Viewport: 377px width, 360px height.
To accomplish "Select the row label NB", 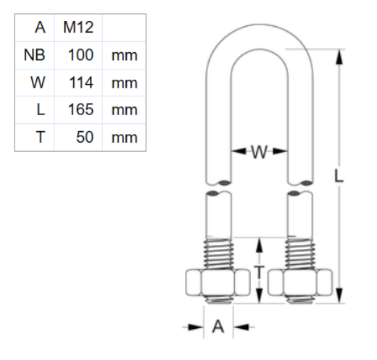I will pos(34,55).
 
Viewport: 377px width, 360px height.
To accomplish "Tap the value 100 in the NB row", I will pos(80,55).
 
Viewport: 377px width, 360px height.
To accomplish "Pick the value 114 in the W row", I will pos(80,83).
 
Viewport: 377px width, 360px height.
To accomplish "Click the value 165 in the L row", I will pos(80,110).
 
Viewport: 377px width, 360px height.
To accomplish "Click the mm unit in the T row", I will pos(124,138).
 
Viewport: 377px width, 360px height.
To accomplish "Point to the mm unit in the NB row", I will pos(124,55).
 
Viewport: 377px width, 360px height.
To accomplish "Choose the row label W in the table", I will pos(38,83).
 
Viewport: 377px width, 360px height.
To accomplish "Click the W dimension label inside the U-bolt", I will pos(259,151).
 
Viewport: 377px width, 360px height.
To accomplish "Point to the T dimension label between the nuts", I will pos(259,272).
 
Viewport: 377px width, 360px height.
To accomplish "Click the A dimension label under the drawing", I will pos(218,327).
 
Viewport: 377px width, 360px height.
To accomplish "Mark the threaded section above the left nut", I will pos(218,253).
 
